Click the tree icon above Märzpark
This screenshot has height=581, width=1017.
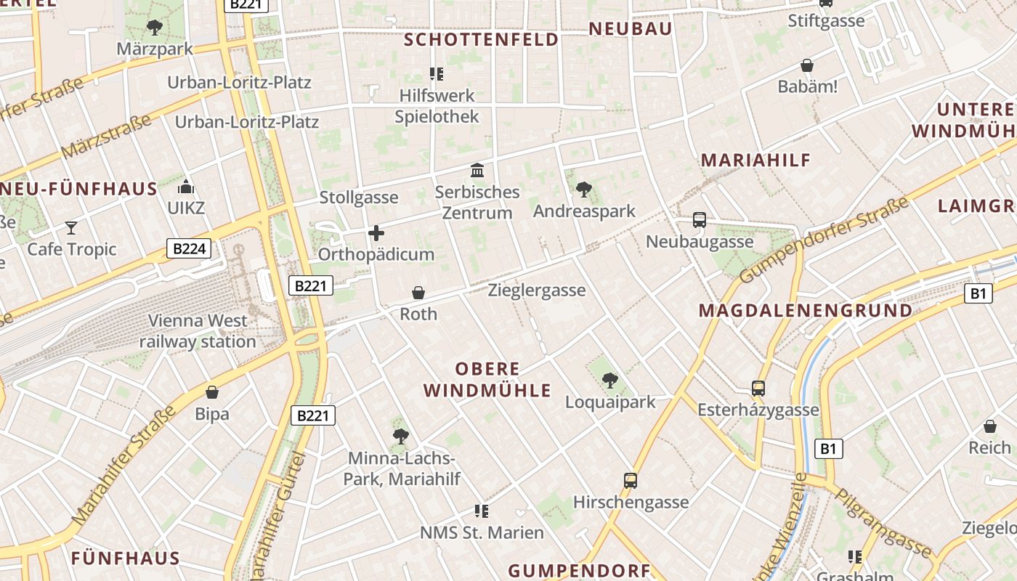(x=154, y=28)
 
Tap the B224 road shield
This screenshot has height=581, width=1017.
(x=189, y=249)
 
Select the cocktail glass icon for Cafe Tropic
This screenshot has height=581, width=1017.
(x=71, y=228)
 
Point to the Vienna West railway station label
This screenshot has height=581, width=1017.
(x=198, y=331)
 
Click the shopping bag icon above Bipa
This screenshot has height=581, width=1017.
(x=212, y=392)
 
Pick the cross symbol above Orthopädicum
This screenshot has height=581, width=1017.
(x=376, y=233)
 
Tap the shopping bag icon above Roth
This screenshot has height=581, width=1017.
(x=418, y=293)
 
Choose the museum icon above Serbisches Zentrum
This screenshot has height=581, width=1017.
(x=477, y=171)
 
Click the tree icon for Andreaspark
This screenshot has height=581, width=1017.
(x=583, y=190)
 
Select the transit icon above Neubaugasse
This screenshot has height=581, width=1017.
(x=700, y=219)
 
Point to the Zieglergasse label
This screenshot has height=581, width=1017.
(x=537, y=290)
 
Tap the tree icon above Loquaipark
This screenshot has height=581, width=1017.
(x=610, y=380)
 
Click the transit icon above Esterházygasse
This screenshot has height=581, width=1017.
(x=758, y=389)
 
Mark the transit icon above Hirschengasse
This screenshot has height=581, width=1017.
(x=631, y=480)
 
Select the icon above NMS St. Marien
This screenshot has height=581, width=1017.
(x=480, y=511)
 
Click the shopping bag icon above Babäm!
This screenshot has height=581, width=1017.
(x=807, y=65)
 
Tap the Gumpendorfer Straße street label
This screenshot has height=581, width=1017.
(x=824, y=240)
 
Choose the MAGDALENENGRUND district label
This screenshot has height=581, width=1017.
(x=805, y=311)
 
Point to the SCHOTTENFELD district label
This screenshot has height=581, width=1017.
(x=481, y=39)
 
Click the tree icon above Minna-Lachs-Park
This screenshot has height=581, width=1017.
(x=400, y=436)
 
